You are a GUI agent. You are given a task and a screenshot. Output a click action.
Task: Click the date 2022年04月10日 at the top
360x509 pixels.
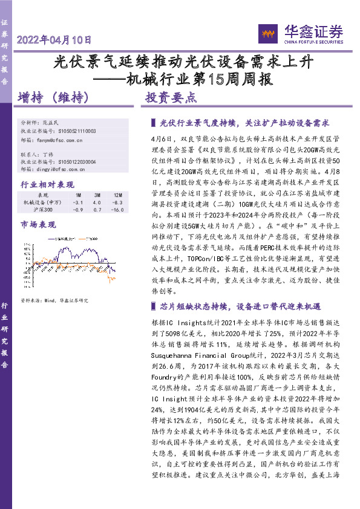54,41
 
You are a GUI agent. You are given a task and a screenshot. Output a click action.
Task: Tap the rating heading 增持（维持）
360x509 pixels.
54,97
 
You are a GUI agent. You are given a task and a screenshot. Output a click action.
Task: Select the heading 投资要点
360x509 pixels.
171,97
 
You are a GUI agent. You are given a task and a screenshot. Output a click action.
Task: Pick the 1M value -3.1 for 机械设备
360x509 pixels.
77,203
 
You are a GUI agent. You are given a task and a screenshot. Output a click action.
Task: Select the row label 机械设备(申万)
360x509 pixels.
42,203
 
